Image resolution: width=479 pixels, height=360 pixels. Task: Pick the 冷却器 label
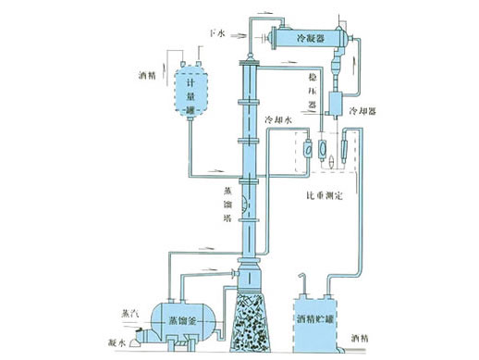click(373, 109)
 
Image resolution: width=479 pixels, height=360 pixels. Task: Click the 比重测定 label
click(329, 196)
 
